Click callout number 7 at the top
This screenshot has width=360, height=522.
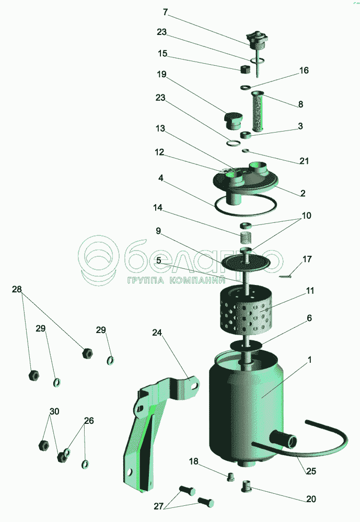coord(165,13)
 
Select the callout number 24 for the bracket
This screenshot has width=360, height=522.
coord(157,333)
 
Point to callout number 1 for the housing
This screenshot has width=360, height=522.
coord(310,360)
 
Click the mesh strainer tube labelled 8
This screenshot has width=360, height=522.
coord(258,111)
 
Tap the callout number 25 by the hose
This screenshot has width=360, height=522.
coord(311,471)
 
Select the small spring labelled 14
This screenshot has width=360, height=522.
coord(246,238)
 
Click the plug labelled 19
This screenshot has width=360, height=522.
coord(233,121)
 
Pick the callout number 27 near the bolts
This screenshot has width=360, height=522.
coord(159,506)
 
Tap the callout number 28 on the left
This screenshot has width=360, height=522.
coord(17,289)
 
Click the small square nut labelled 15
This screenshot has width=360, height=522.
coord(246,69)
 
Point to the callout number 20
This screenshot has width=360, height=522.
coord(311,499)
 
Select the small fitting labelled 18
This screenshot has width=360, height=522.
coord(230,477)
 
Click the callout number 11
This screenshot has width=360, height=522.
coord(310,291)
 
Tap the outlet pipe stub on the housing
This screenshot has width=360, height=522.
coord(284,439)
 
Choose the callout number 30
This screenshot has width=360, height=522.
coord(54,411)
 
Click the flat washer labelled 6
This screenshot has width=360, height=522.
coord(246,345)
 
